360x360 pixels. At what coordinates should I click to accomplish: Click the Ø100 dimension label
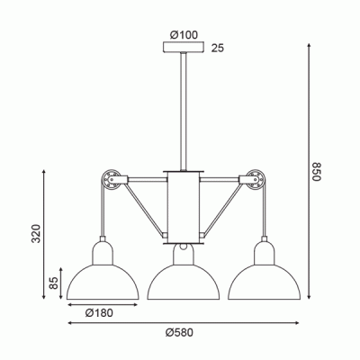tap(184, 35)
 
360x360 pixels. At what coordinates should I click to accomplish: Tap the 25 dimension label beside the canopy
tap(218, 48)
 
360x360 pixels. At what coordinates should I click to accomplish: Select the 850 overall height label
tap(317, 172)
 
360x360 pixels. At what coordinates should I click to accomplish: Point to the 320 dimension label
tap(36, 233)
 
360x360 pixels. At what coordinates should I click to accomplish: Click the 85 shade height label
tap(53, 283)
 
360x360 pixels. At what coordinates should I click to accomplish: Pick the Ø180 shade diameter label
tap(99, 313)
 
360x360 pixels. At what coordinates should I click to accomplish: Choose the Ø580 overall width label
tap(179, 333)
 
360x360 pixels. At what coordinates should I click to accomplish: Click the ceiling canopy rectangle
tap(184, 47)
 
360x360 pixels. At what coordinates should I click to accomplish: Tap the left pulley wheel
tap(110, 180)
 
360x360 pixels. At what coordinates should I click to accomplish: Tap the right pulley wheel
tap(256, 180)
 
